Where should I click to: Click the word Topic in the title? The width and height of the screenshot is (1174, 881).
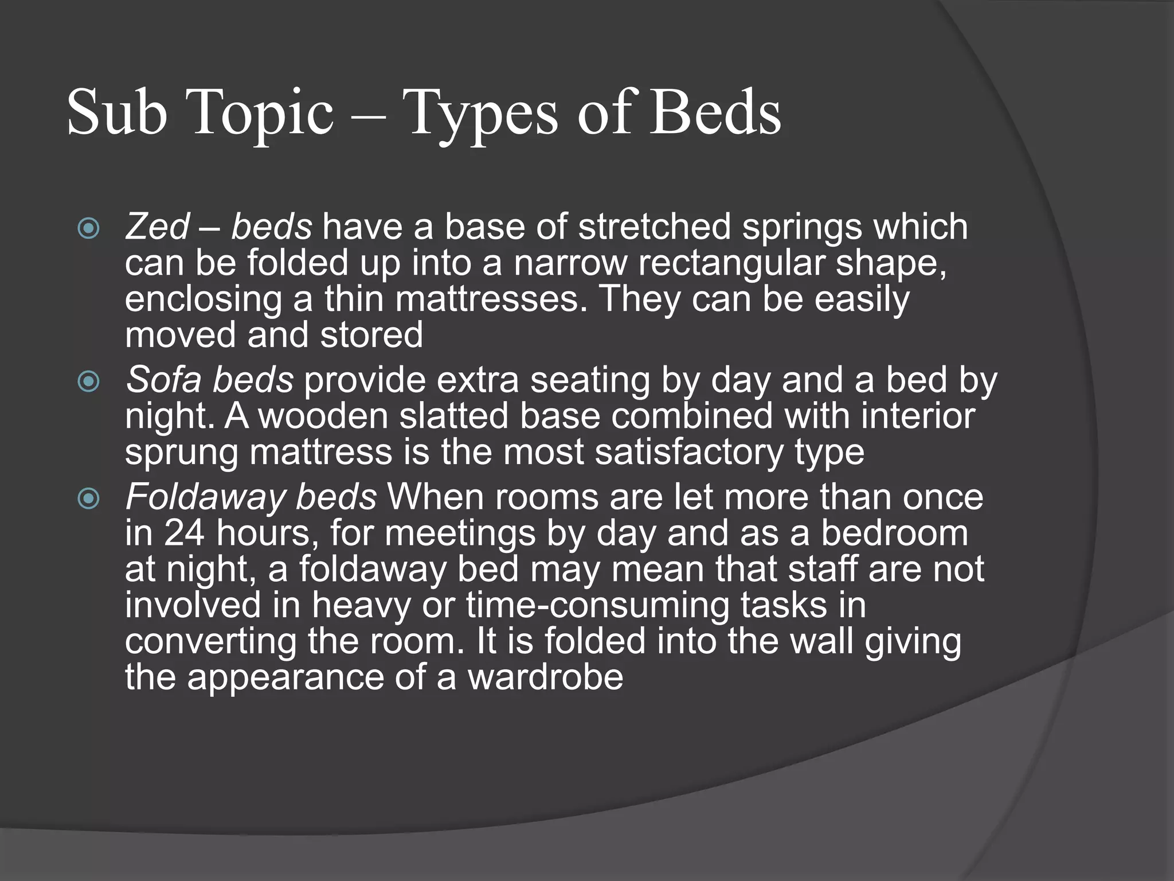point(263,113)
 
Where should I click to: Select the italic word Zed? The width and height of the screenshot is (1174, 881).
point(157,227)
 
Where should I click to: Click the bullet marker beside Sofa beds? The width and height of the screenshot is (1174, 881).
point(89,381)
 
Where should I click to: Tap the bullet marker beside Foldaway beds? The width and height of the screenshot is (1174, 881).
point(89,498)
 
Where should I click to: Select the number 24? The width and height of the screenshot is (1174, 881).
point(184,533)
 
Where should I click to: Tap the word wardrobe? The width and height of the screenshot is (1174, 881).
point(545,677)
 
